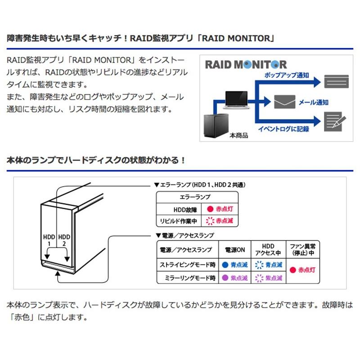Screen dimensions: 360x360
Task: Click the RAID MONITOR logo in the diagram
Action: click(x=246, y=64)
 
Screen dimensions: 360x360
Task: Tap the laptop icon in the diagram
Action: click(x=236, y=100)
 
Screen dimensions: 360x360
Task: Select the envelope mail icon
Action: click(x=285, y=102)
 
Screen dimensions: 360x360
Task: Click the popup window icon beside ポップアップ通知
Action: click(x=336, y=81)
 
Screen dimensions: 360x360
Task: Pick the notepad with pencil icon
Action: click(x=335, y=121)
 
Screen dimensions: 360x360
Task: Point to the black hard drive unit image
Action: click(x=216, y=126)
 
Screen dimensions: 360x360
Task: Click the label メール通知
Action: click(x=313, y=103)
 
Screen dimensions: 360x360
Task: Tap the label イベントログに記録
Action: click(x=283, y=129)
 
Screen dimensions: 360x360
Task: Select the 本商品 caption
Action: click(x=239, y=135)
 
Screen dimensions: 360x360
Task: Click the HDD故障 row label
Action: click(x=185, y=210)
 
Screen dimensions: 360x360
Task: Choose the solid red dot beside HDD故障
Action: click(x=210, y=209)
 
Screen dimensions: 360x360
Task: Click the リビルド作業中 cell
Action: click(x=178, y=221)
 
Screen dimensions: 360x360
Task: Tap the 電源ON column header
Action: click(x=234, y=250)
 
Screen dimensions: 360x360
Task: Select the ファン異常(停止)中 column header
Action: click(x=302, y=250)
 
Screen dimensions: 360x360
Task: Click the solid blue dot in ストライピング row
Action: click(x=225, y=265)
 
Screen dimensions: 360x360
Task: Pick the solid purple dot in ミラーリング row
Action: click(x=225, y=278)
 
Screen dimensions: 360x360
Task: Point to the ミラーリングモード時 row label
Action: click(x=190, y=278)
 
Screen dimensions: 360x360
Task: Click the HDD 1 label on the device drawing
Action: click(x=49, y=240)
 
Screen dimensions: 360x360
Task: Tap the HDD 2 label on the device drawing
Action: click(x=64, y=240)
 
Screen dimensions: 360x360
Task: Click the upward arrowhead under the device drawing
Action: click(x=58, y=273)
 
